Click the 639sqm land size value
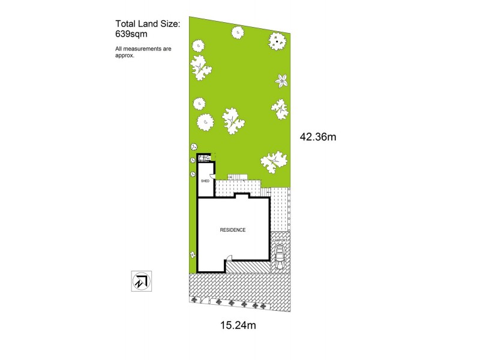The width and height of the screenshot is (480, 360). [131, 34]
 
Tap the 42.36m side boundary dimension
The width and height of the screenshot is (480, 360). [317, 136]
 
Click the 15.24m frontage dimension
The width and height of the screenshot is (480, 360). [239, 326]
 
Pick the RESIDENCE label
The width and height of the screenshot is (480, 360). [233, 230]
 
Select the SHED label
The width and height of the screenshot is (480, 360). [204, 179]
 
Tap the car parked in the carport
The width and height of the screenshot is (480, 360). [280, 256]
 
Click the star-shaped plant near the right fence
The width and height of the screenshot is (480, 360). [282, 80]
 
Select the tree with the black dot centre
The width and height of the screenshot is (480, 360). [277, 41]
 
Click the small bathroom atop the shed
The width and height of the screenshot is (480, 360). [205, 158]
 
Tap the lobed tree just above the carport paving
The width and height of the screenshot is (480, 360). [272, 160]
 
